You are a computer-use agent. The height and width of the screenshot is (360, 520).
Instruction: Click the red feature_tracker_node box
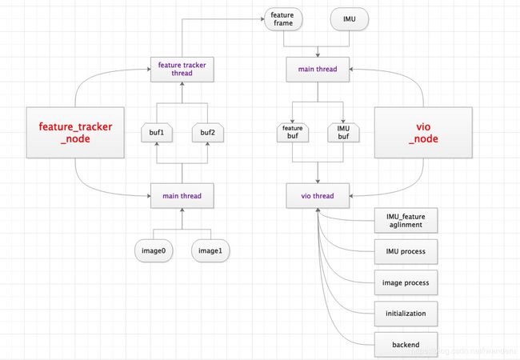tap(75, 132)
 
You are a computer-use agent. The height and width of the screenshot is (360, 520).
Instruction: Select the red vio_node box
tap(423, 132)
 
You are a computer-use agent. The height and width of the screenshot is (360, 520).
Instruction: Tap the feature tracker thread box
tap(182, 70)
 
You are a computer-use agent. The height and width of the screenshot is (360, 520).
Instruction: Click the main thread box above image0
tap(182, 195)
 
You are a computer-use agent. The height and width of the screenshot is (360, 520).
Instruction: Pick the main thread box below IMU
tap(318, 70)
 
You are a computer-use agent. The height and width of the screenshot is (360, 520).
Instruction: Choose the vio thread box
tap(318, 195)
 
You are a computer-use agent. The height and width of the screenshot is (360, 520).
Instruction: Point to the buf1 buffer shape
tap(157, 133)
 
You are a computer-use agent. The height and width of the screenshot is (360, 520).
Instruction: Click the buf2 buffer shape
tap(208, 133)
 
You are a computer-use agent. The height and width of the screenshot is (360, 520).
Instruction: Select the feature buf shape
tap(293, 133)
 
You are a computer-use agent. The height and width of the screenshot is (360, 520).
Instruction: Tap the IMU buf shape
tap(343, 133)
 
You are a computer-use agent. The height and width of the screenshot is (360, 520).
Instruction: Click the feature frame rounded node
tap(283, 19)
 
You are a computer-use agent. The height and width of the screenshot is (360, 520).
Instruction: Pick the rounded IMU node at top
tap(350, 19)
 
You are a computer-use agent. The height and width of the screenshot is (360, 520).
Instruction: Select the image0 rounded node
tap(154, 250)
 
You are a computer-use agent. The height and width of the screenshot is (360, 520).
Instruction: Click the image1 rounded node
tap(210, 250)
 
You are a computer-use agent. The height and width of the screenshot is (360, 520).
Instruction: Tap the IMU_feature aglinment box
tap(406, 221)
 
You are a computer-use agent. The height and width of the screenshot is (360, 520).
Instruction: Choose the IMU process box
tap(406, 251)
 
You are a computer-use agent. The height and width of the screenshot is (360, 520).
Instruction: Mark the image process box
tap(406, 282)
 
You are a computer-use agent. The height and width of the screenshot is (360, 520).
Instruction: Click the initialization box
tap(406, 314)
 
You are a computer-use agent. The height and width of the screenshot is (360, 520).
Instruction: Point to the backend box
tap(406, 345)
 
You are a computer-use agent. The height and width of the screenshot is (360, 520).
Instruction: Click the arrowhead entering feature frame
tap(262, 19)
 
